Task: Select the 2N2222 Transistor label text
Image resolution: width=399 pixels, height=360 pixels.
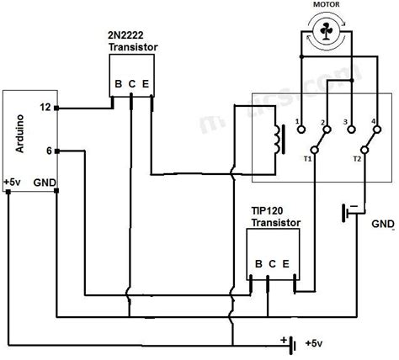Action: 135,42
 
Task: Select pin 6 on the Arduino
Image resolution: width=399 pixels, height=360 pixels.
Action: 48,151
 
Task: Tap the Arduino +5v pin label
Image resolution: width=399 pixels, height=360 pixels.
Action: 13,181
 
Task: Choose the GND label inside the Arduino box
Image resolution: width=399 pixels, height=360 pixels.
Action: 44,181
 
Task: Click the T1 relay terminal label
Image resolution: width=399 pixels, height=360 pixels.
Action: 308,157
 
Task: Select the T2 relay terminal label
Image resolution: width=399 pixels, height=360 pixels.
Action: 356,157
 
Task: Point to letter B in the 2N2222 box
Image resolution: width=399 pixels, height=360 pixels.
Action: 117,83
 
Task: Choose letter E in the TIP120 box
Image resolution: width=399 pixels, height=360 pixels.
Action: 287,262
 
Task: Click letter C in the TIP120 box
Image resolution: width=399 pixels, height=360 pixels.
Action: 271,262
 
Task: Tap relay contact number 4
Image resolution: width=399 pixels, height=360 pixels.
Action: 373,123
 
